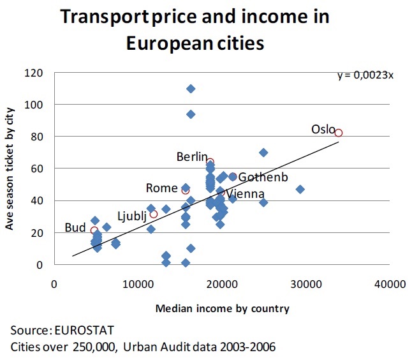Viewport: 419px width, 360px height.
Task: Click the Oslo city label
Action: [x=323, y=129]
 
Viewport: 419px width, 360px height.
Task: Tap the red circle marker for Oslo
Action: [x=339, y=133]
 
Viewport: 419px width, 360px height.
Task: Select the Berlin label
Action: [x=192, y=156]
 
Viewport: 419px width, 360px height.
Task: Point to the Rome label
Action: [x=161, y=188]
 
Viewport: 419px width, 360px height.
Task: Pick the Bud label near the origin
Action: [x=76, y=228]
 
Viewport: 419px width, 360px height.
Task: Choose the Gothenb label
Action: [x=263, y=177]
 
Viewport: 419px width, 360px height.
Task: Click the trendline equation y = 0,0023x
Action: [x=365, y=75]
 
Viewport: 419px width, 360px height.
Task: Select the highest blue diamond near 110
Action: [x=191, y=89]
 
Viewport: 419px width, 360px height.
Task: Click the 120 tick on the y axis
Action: [x=34, y=73]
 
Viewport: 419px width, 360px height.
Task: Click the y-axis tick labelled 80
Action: [x=37, y=137]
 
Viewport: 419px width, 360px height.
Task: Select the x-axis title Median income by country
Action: [x=222, y=308]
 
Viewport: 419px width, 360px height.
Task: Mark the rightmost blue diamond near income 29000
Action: [x=300, y=190]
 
